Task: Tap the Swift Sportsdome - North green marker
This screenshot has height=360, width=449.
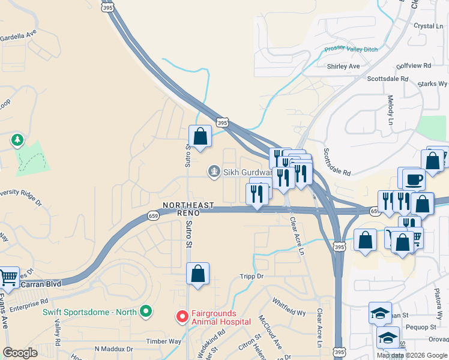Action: tap(145, 311)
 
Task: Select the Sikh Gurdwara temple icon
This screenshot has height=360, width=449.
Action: tap(214, 172)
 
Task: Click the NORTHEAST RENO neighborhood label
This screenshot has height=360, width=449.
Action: tap(187, 209)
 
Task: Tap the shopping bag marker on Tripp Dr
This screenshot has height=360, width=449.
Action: tap(197, 274)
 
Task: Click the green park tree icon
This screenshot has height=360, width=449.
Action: tap(17, 141)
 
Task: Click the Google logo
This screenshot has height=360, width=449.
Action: tap(20, 353)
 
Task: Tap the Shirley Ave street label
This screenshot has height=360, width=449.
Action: tap(343, 66)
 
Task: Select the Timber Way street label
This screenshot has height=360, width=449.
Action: tap(164, 341)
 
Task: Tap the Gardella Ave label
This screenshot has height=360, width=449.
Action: tap(19, 34)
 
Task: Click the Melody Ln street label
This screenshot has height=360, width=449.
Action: tap(391, 108)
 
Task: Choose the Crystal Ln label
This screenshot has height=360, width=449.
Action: tap(429, 26)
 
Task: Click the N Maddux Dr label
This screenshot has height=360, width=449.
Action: tap(113, 349)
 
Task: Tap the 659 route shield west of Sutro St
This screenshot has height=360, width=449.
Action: tap(153, 217)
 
